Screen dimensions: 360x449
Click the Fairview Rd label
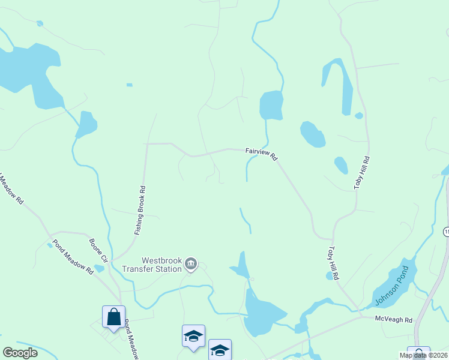(x=261, y=154)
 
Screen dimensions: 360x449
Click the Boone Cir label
(x=98, y=250)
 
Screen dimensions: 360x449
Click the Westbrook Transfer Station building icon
(x=191, y=264)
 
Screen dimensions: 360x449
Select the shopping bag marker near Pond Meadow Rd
(x=113, y=316)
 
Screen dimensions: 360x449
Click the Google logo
(x=20, y=352)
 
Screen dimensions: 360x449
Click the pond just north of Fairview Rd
(x=271, y=106)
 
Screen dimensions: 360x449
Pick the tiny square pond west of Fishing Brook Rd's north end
(x=129, y=85)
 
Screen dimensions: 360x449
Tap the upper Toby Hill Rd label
(x=362, y=173)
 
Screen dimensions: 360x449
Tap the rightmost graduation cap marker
(x=220, y=349)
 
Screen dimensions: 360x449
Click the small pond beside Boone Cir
(x=100, y=268)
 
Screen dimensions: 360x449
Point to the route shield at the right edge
(x=446, y=232)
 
